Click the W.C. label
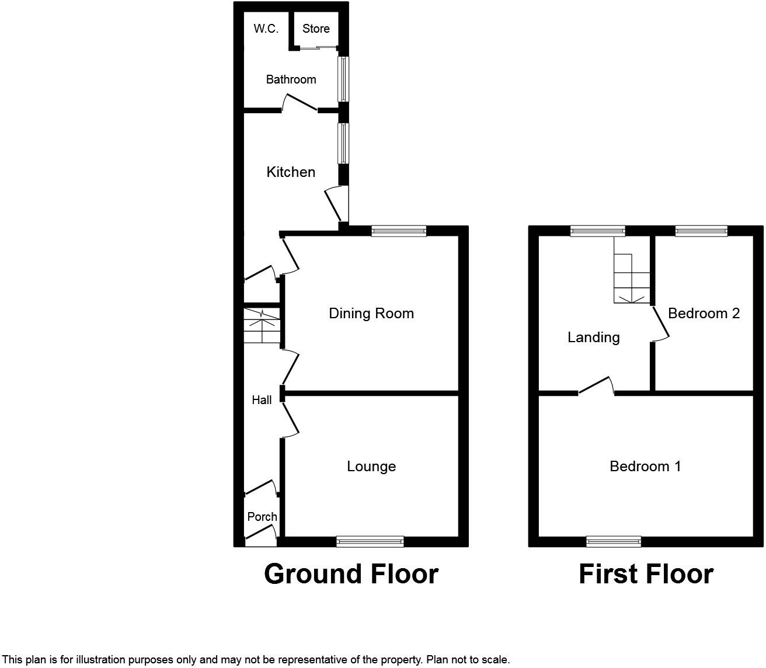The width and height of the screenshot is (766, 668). [266, 29]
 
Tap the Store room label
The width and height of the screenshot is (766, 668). [316, 29]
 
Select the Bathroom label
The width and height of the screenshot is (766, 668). [291, 79]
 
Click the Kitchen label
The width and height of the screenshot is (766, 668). [291, 172]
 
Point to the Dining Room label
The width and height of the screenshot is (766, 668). [371, 314]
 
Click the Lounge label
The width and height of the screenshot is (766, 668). [371, 467]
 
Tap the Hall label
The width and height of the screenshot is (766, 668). [262, 400]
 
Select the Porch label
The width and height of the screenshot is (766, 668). [262, 517]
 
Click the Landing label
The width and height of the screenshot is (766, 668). [593, 338]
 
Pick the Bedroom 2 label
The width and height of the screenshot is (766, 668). [704, 314]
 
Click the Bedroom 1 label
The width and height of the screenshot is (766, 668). [645, 467]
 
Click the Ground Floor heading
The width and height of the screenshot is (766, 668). [351, 574]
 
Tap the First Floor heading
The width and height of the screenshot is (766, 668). [646, 574]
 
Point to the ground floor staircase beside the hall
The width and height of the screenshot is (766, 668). [262, 325]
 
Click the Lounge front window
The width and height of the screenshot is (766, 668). [370, 542]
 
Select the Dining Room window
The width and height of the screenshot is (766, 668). [399, 231]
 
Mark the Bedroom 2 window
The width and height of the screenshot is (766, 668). [701, 231]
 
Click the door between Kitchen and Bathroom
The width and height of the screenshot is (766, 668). [300, 104]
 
